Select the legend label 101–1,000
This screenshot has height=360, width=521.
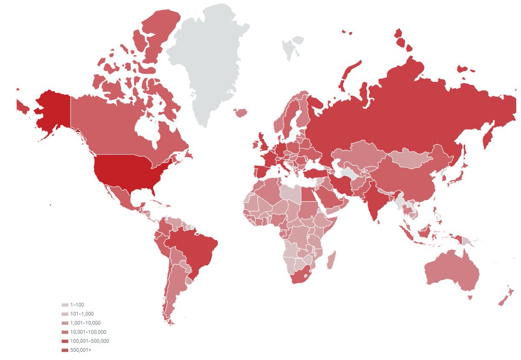[82, 314]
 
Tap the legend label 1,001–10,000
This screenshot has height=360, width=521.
[85, 323]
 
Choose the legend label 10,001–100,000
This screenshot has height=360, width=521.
[88, 332]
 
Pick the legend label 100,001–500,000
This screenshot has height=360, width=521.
[89, 341]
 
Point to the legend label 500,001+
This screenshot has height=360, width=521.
[80, 350]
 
